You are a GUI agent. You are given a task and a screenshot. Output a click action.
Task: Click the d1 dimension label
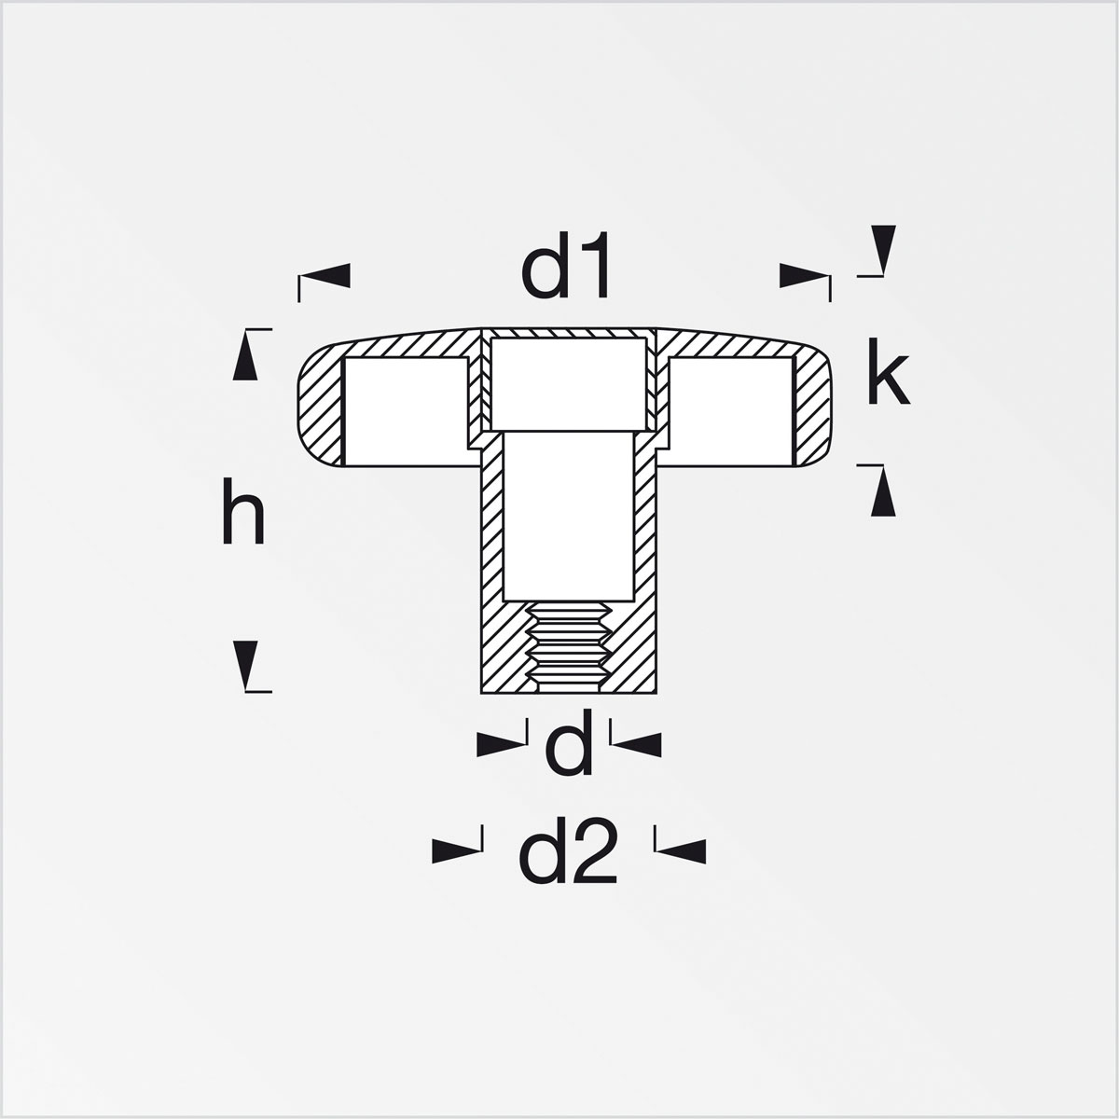pos(565,265)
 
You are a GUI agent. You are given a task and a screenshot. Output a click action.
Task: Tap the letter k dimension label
pos(888,372)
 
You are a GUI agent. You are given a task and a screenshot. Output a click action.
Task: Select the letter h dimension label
pos(243,511)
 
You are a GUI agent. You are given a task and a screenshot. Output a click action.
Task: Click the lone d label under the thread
pos(569,742)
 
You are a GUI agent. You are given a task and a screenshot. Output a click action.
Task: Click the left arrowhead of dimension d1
pos(325,275)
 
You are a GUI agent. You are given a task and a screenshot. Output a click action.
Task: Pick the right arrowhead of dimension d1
pos(804,275)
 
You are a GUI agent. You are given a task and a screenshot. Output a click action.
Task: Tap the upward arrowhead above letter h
pos(245,355)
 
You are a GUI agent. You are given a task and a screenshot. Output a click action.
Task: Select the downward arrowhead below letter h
pos(245,666)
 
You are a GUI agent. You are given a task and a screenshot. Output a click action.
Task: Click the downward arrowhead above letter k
pos(883,250)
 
